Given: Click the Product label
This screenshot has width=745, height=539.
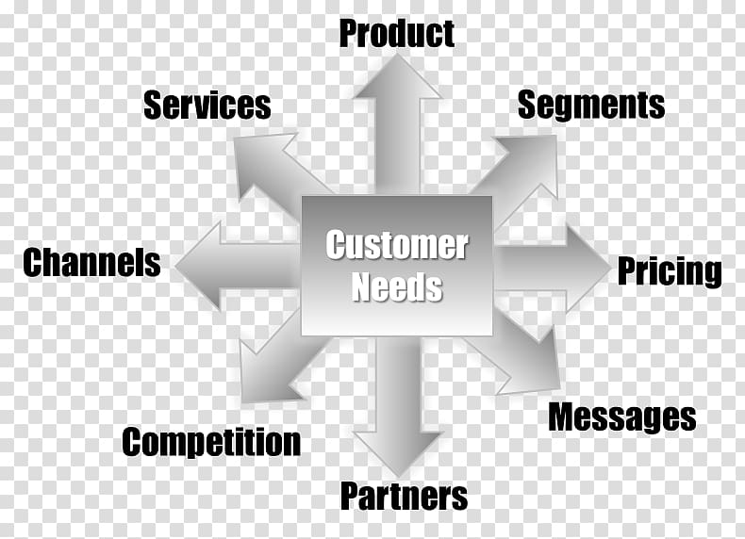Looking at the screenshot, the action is coord(397,33).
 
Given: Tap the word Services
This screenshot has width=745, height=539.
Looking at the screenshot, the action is coord(207,105).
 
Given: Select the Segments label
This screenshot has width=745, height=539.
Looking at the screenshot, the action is coord(591,106).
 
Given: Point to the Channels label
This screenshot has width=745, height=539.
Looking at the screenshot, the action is coord(91,262).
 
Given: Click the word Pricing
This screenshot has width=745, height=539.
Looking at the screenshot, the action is coord(670,271).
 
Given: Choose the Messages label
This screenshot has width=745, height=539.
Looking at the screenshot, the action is coord(622,416).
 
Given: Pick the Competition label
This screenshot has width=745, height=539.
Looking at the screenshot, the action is coord(211,442).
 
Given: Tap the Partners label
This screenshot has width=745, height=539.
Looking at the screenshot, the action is coord(404,496).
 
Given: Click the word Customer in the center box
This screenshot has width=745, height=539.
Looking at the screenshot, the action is coord(397,245).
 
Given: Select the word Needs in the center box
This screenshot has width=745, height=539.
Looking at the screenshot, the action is coord(397,286).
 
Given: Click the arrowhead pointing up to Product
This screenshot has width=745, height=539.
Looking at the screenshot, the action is coord(398,76).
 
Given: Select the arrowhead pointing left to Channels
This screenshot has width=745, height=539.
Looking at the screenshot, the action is coord(197,266).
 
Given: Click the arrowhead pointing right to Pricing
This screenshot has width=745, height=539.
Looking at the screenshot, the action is coord(588,268).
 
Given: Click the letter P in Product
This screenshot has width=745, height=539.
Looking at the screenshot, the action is coord(349,33).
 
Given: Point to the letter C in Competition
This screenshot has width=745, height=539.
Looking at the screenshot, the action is coord(132,442).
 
